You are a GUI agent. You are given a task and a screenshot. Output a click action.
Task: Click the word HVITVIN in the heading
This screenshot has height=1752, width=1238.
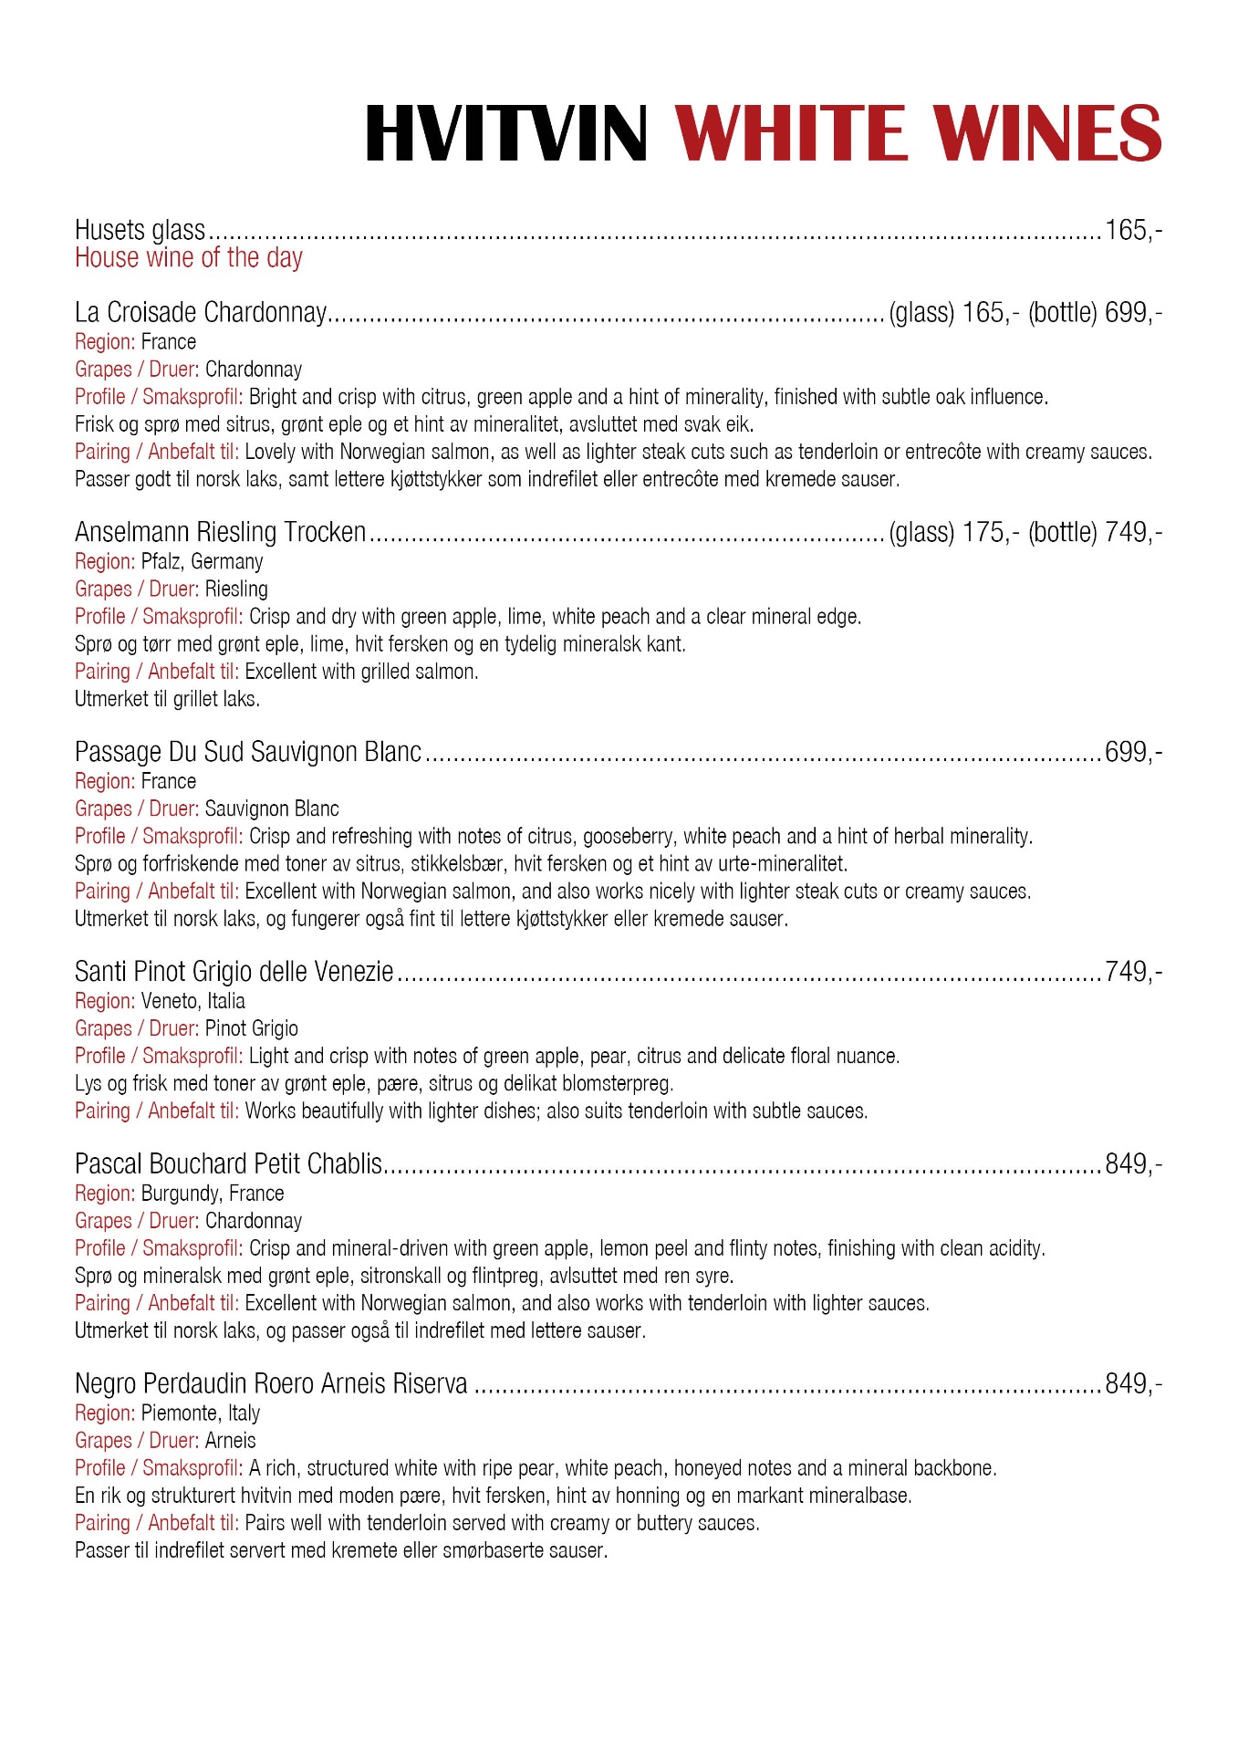(506, 133)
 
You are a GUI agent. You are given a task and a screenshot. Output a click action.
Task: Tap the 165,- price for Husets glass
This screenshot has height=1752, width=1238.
(1133, 230)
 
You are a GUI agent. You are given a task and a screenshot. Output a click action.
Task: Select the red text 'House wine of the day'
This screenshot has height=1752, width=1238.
(188, 258)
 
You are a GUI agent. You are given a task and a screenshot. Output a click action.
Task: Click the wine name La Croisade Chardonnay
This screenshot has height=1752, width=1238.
(200, 313)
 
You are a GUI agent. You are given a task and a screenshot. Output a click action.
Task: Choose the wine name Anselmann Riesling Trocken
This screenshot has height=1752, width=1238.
(220, 532)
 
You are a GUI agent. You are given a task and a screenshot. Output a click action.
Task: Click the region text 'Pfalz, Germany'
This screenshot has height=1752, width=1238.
(202, 561)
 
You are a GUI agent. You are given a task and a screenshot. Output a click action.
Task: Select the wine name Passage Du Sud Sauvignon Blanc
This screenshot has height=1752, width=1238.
(248, 752)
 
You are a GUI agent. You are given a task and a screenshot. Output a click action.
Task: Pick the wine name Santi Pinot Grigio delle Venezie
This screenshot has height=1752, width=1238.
(234, 972)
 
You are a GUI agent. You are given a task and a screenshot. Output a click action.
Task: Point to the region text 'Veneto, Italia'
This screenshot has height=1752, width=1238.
(192, 1001)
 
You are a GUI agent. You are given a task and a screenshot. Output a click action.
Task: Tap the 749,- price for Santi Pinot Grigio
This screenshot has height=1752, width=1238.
(1133, 972)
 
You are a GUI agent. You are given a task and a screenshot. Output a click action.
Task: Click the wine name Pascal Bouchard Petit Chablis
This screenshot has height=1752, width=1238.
(228, 1164)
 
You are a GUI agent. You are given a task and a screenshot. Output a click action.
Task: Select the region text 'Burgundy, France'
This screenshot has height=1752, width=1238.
(212, 1194)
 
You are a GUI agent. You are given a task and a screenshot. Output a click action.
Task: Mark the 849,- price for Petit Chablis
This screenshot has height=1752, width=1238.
(1133, 1164)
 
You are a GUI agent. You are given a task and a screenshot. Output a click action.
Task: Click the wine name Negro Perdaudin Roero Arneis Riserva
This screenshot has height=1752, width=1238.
(271, 1384)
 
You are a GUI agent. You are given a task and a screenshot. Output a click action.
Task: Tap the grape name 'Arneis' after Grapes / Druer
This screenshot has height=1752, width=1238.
(230, 1441)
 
